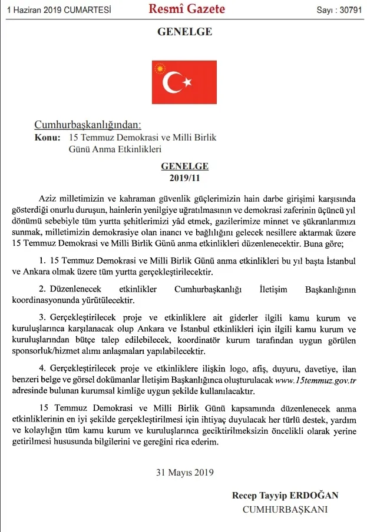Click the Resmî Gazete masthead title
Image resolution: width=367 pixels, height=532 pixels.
(x=186, y=9)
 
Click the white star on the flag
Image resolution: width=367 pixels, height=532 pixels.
(x=187, y=82)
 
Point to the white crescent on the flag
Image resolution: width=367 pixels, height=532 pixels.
(x=172, y=82)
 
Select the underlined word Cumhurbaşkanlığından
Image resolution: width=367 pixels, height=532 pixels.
(x=88, y=125)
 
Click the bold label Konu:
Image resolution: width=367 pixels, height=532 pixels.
(x=48, y=138)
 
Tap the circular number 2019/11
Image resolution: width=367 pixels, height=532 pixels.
(x=185, y=177)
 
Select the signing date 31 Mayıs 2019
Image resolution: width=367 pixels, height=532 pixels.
(x=184, y=471)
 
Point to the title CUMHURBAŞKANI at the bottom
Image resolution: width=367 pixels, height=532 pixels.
(x=286, y=510)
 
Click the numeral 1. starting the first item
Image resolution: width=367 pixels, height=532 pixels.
(x=42, y=260)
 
